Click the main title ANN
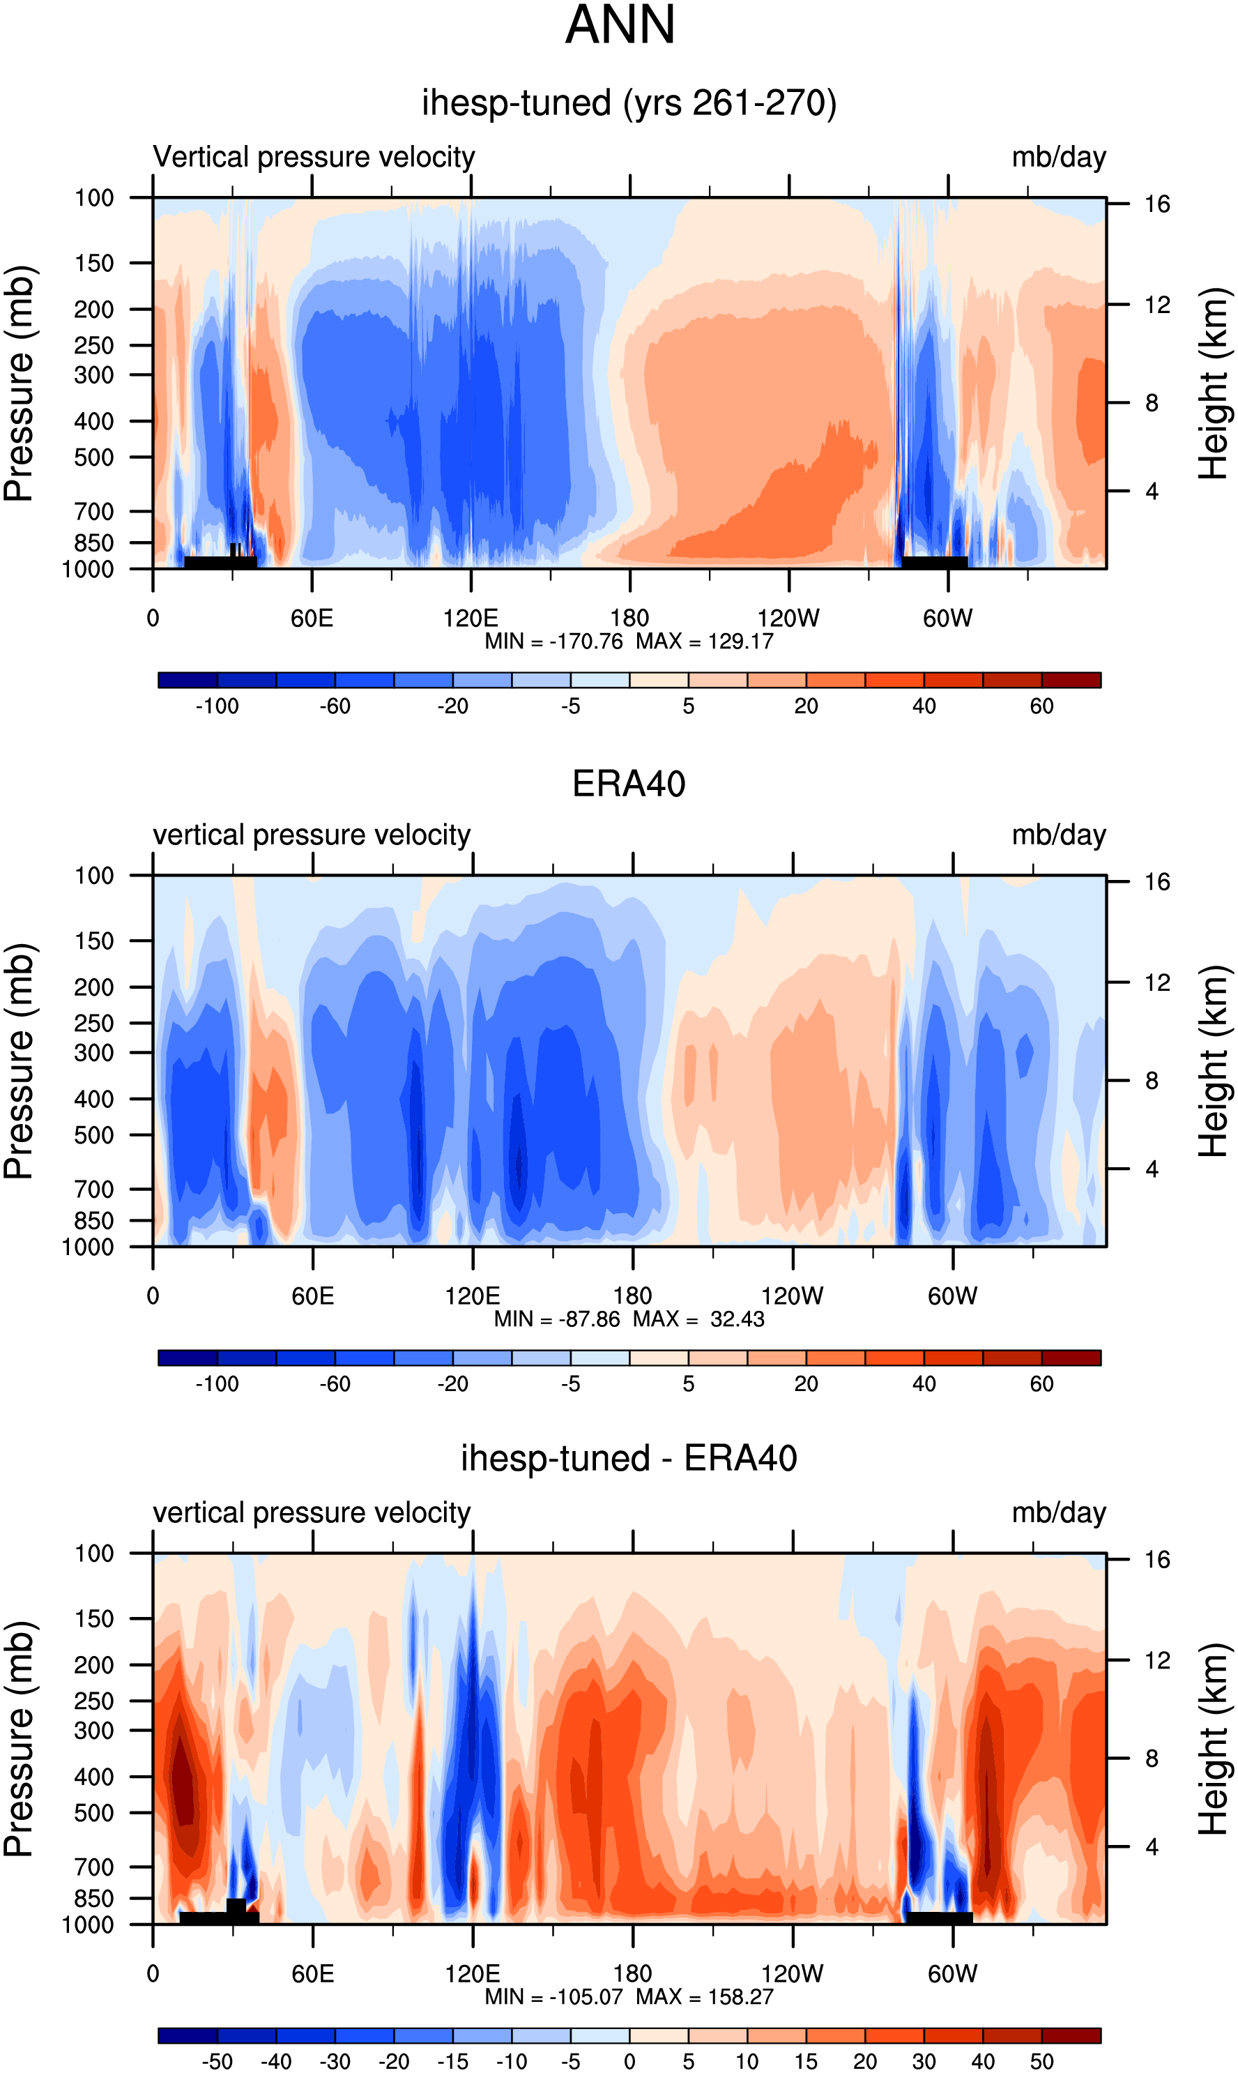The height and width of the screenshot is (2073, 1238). pos(620,25)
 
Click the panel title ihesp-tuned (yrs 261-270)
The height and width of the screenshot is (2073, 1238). pos(629,103)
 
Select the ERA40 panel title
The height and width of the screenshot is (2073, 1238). pos(629,784)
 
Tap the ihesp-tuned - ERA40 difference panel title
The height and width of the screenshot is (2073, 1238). pos(629,1459)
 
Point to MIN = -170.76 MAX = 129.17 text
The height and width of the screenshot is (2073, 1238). pos(629,641)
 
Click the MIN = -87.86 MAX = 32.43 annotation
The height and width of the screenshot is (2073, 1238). pos(629,1319)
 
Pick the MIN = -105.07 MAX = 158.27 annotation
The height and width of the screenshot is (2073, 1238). pos(629,1996)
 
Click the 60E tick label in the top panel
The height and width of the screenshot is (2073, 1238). pos(312,618)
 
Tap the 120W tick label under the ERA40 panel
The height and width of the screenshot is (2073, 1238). pos(793,1296)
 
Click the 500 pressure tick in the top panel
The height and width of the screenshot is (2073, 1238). pos(94,458)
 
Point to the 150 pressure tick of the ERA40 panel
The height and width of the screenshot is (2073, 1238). pos(94,941)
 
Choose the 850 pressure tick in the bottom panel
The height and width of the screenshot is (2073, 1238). pos(94,1898)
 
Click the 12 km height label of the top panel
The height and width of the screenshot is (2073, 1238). pos(1157,305)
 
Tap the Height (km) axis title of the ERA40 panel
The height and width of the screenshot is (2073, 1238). pos(1213,1061)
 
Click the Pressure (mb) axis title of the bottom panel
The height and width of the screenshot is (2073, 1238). pos(18,1738)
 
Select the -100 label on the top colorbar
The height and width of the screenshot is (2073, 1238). pos(217,706)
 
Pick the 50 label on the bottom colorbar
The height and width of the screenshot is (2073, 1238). pos(1041,2061)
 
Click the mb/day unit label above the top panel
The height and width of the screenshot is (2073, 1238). pos(1059,157)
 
